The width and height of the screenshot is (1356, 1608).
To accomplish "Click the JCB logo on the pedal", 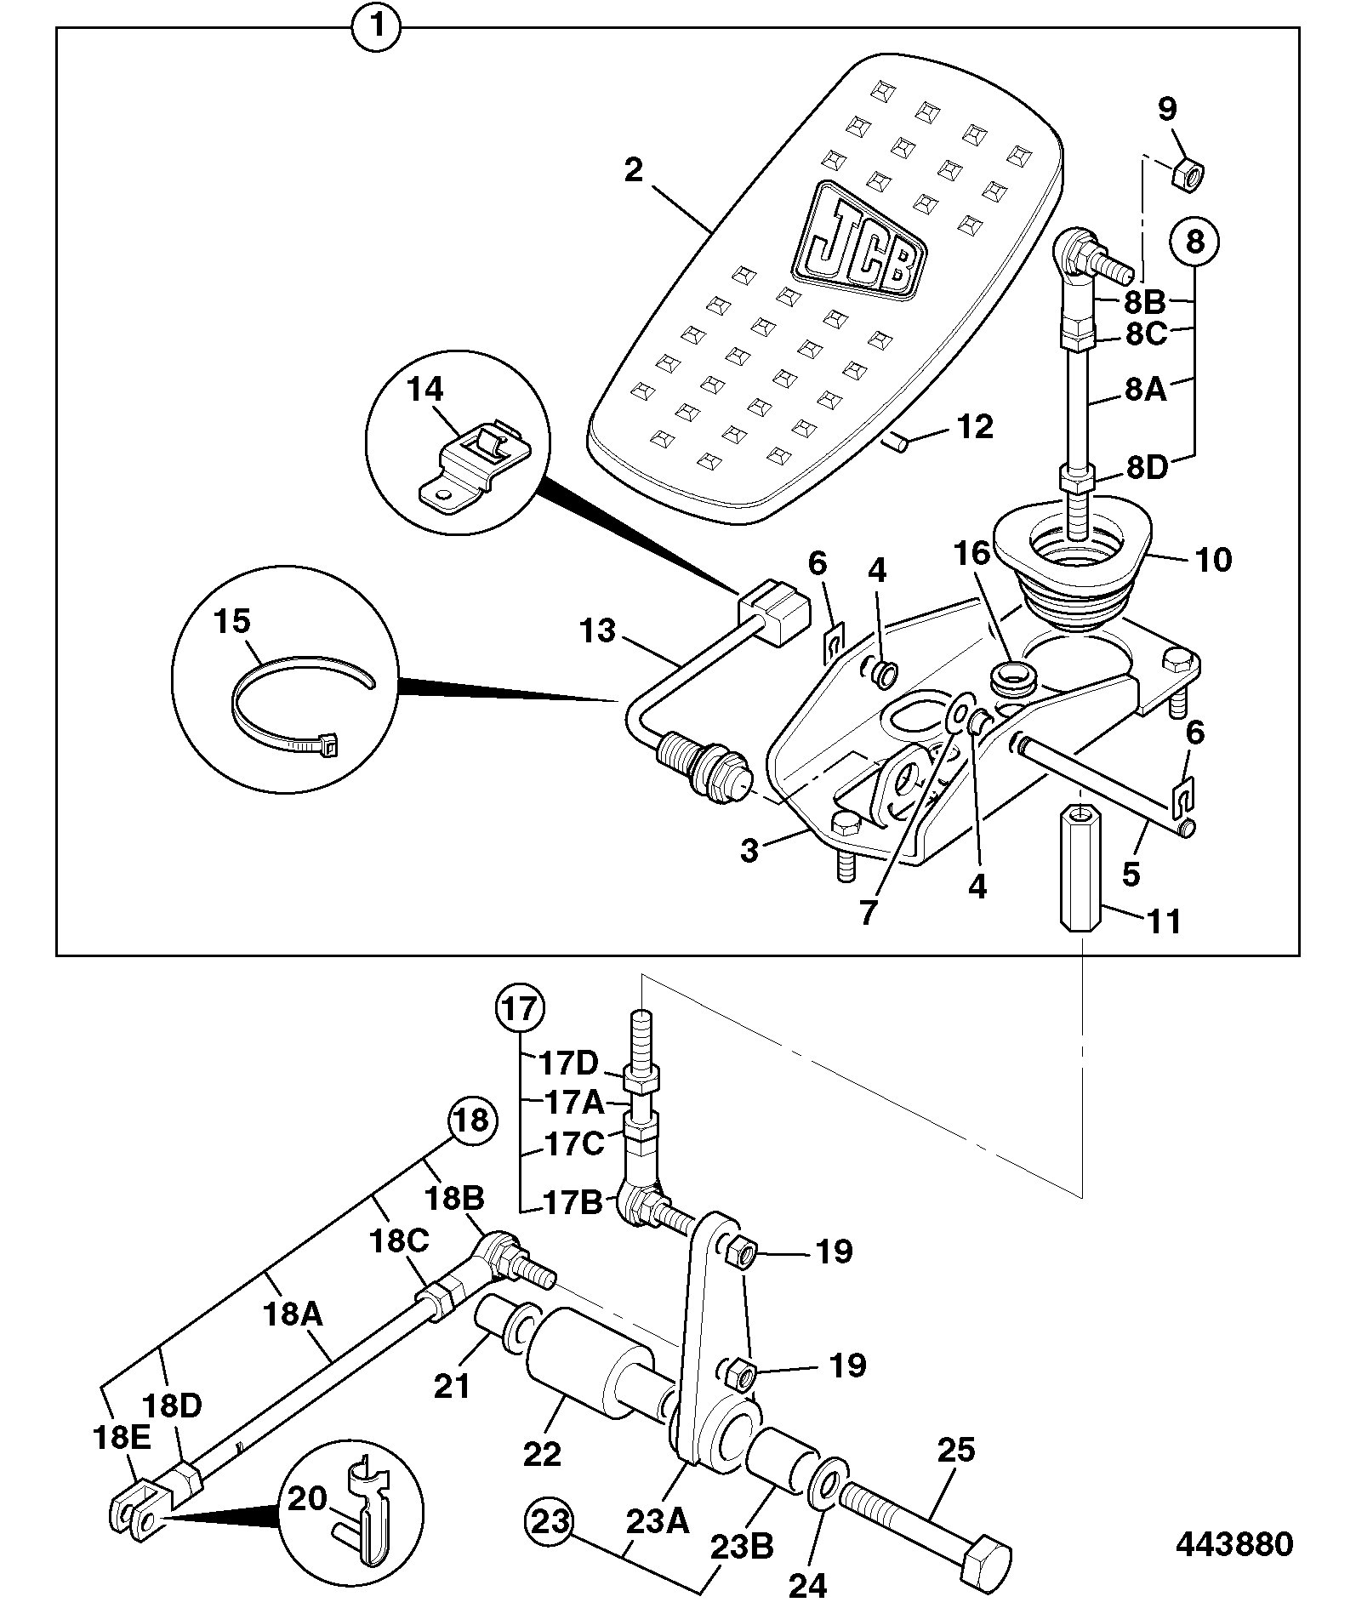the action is [858, 241].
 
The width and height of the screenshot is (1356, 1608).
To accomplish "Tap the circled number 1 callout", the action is [378, 26].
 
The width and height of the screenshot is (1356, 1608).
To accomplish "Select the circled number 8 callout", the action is [1195, 242].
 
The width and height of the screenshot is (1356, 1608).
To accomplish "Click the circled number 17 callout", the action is [521, 1009].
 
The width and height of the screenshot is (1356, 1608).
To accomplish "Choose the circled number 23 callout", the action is [549, 1521].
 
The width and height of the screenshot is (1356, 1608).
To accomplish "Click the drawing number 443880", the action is [1234, 1542].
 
